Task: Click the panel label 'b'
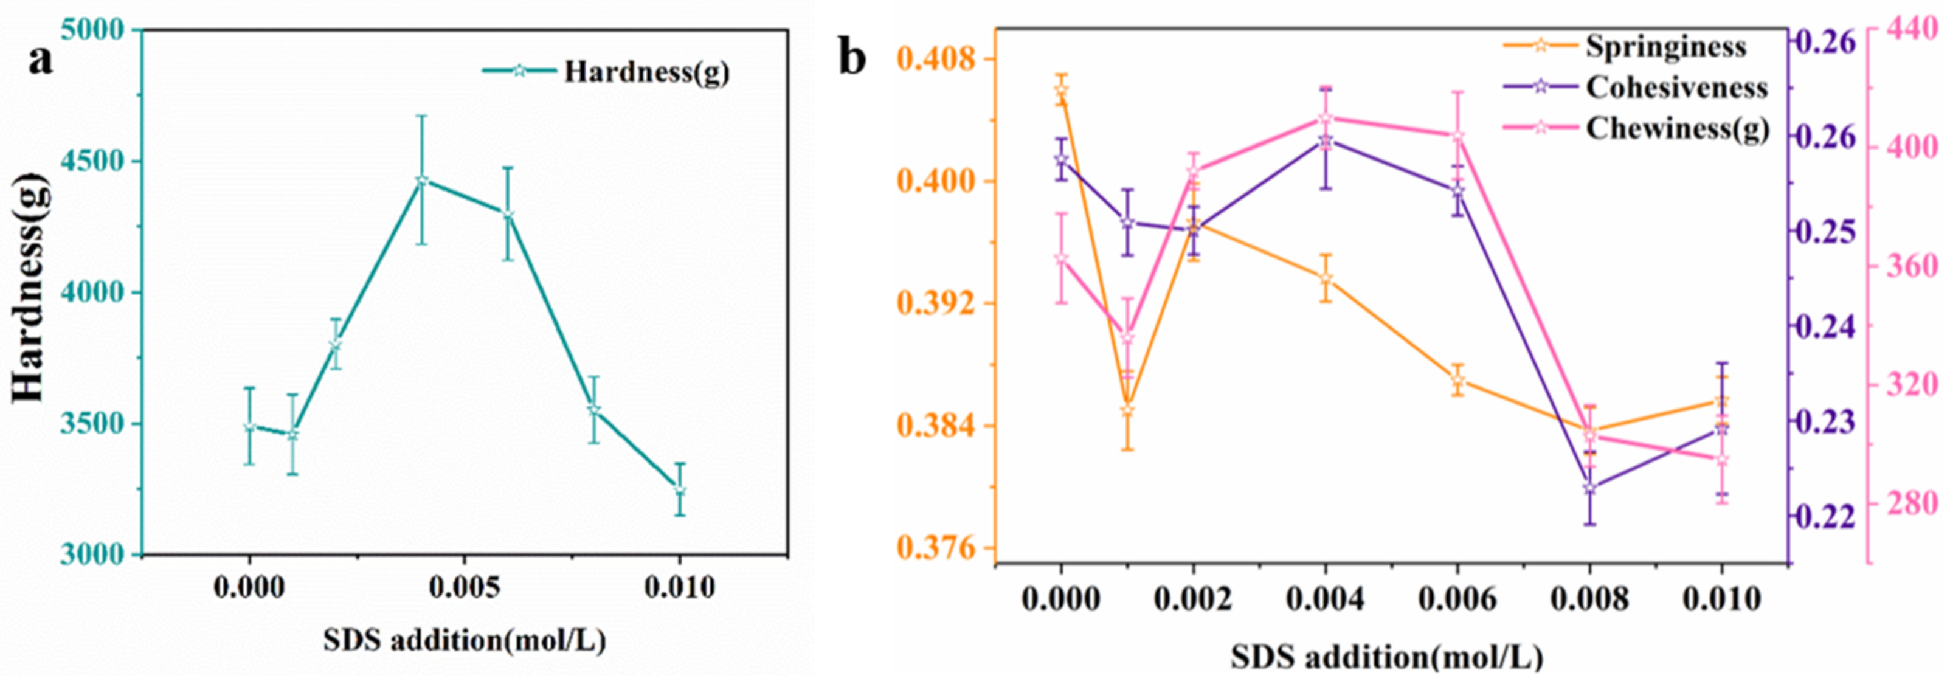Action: click(x=852, y=59)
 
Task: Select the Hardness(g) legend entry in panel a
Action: click(x=646, y=72)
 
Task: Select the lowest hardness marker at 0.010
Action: click(x=680, y=490)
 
